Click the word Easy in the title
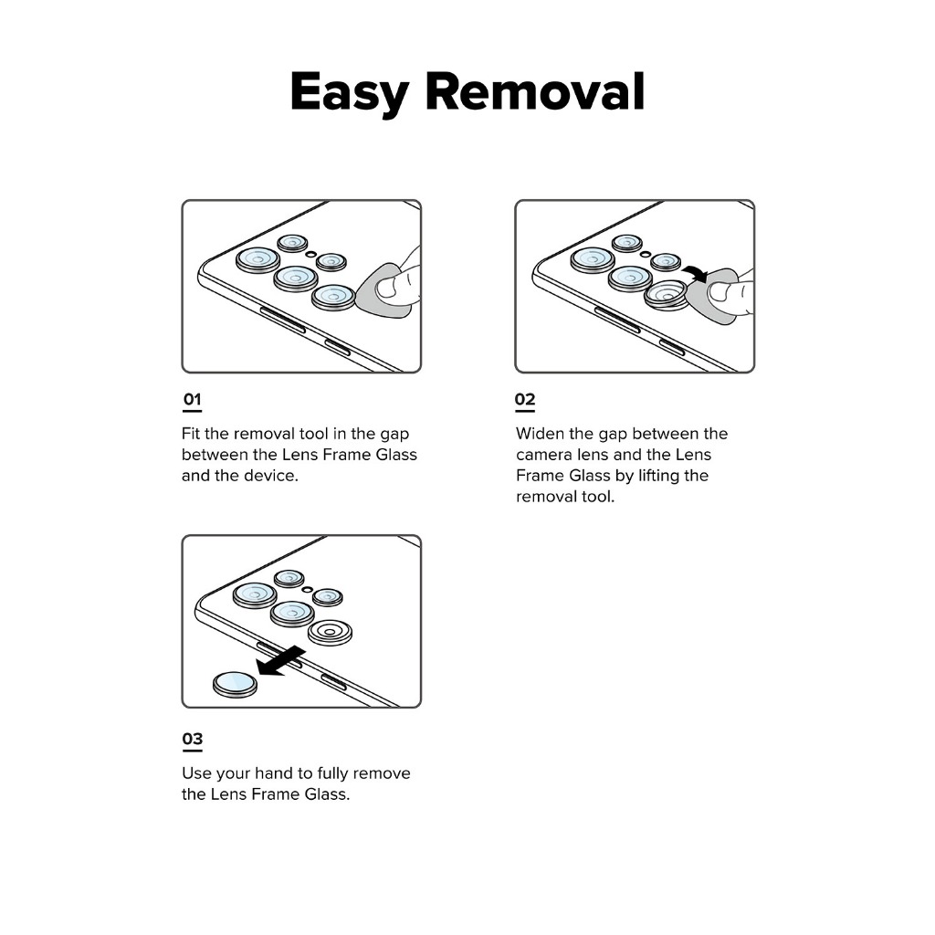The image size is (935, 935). [x=348, y=92]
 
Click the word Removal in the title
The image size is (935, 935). [x=535, y=92]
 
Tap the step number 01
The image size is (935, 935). [x=192, y=400]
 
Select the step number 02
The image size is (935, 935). [x=525, y=400]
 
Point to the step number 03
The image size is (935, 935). [x=192, y=738]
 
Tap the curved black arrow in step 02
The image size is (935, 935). [x=696, y=271]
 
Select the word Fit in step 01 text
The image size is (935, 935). [x=191, y=434]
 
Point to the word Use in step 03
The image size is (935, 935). [x=196, y=773]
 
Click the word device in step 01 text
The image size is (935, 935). [x=269, y=476]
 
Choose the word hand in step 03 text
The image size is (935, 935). [x=283, y=773]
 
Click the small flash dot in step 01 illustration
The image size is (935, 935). [x=312, y=253]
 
